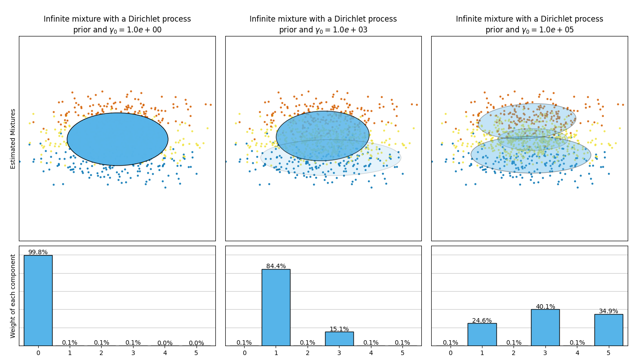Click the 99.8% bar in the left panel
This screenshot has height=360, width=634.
pyautogui.click(x=38, y=300)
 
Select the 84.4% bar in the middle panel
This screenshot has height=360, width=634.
pyautogui.click(x=276, y=307)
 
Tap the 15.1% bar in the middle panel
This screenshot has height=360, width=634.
pyautogui.click(x=339, y=338)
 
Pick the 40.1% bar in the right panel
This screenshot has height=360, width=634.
pyautogui.click(x=545, y=327)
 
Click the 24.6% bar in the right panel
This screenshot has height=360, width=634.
pyautogui.click(x=482, y=334)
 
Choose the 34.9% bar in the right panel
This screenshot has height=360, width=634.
pyautogui.click(x=608, y=330)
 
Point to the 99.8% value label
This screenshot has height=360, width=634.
pyautogui.click(x=38, y=252)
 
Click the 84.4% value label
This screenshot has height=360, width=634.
pyautogui.click(x=276, y=266)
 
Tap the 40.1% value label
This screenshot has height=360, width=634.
pyautogui.click(x=545, y=306)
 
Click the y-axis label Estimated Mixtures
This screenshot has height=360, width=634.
pyautogui.click(x=13, y=139)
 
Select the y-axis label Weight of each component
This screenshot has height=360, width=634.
pyautogui.click(x=13, y=296)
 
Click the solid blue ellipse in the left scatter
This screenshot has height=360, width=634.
pyautogui.click(x=117, y=139)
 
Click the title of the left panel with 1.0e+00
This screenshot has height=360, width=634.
pyautogui.click(x=117, y=25)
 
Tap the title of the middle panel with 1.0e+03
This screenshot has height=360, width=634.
pyautogui.click(x=323, y=25)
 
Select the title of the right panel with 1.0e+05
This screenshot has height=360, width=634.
pyautogui.click(x=529, y=25)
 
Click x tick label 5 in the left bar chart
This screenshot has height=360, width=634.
pyautogui.click(x=196, y=353)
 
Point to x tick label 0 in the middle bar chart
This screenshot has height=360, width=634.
pyautogui.click(x=244, y=353)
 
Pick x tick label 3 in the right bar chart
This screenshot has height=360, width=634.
pyautogui.click(x=545, y=353)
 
